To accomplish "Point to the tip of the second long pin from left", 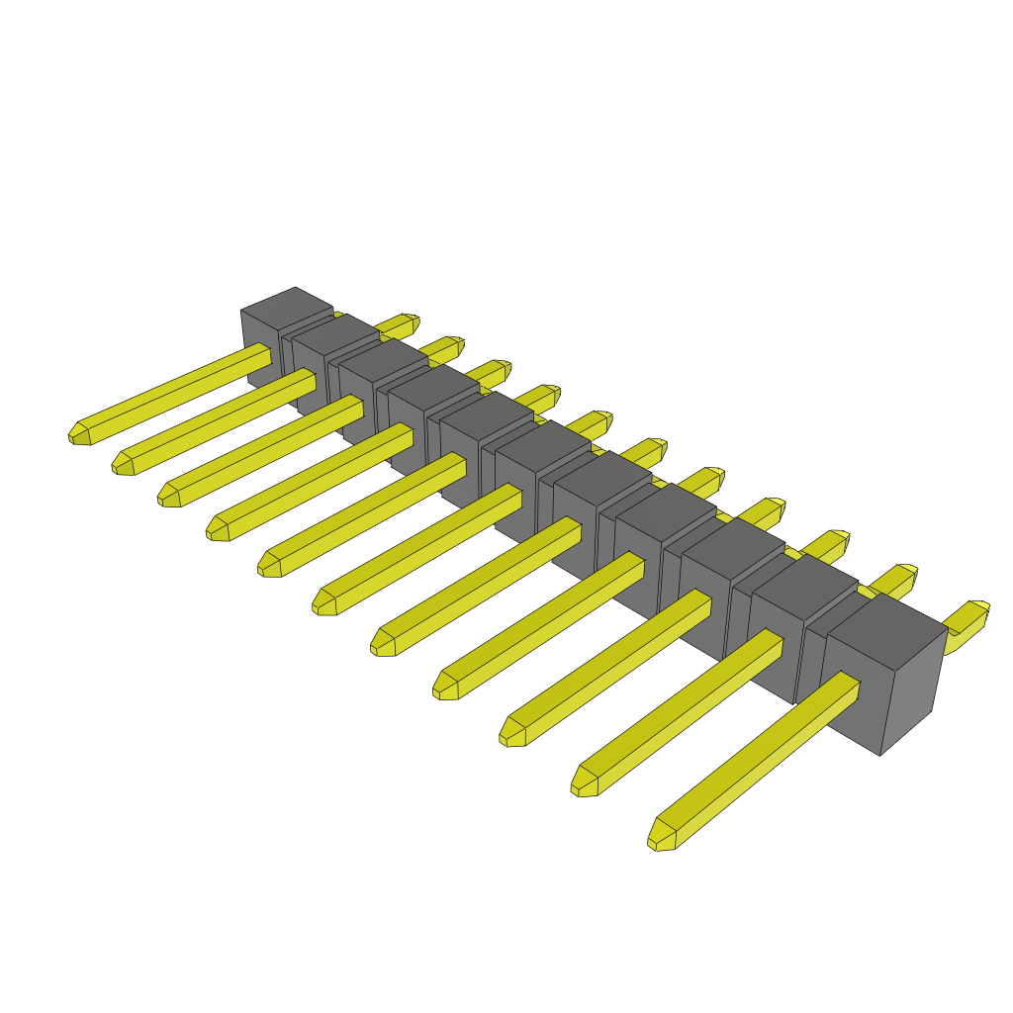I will [122, 464].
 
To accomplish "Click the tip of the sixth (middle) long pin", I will [323, 602].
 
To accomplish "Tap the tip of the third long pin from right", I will [511, 733].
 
